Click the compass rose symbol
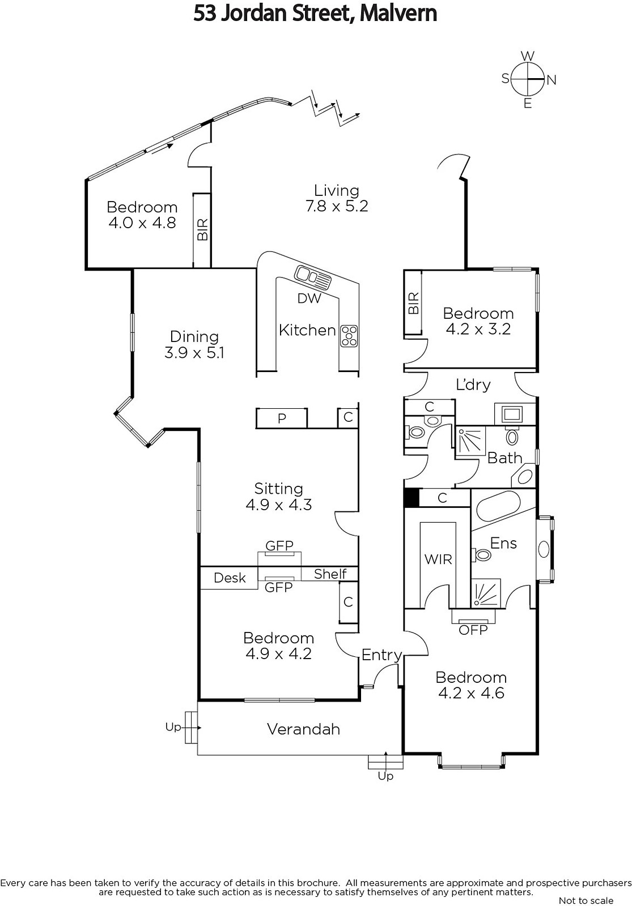point(528,79)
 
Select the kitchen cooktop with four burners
point(349,336)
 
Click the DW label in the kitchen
point(309,298)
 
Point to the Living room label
point(337,198)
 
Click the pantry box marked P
point(282,418)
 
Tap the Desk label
point(230,578)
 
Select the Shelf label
point(330,574)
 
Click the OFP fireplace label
point(473,630)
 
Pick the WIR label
point(438,559)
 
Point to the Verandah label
point(303,729)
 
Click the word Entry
point(381,655)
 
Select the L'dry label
point(473,384)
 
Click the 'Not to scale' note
point(586,900)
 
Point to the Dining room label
point(194,344)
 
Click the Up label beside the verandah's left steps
point(173,726)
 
